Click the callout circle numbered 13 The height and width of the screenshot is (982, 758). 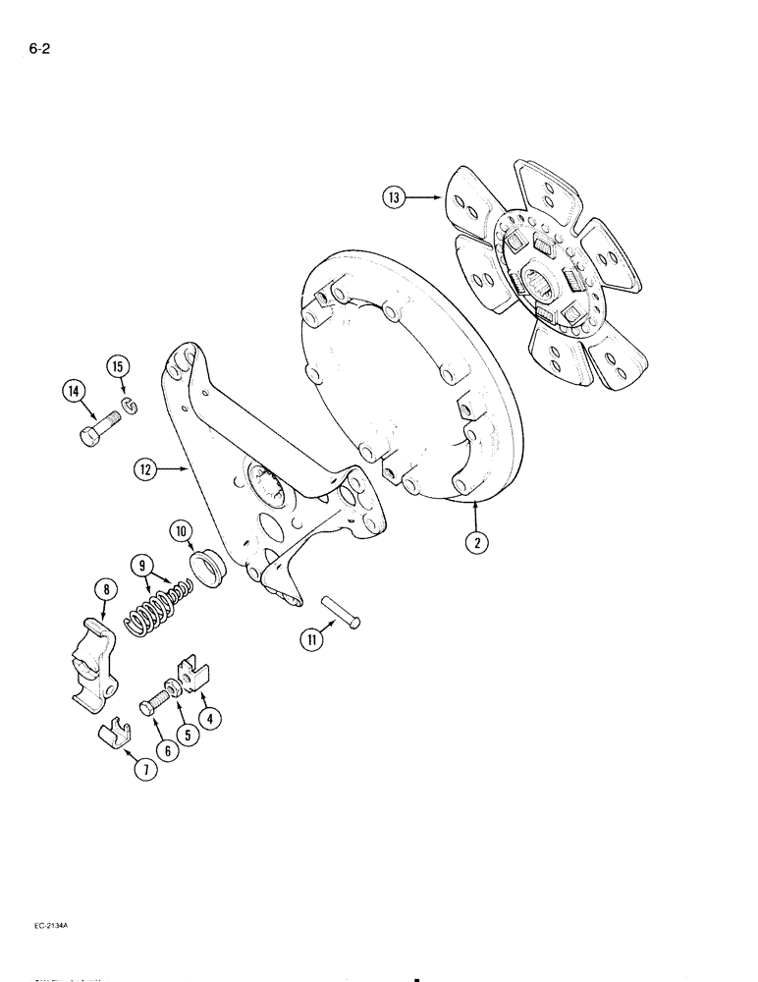[x=394, y=197]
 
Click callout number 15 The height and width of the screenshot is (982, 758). [x=119, y=367]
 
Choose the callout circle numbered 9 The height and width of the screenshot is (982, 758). [x=143, y=566]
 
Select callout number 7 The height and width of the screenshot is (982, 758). [x=145, y=771]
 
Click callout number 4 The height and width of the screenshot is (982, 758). [x=208, y=717]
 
